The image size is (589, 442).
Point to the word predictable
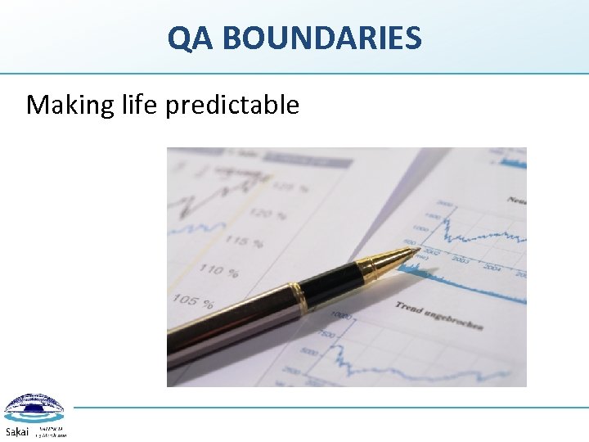232,105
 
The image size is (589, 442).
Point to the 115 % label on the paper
245,241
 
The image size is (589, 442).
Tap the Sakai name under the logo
17,431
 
